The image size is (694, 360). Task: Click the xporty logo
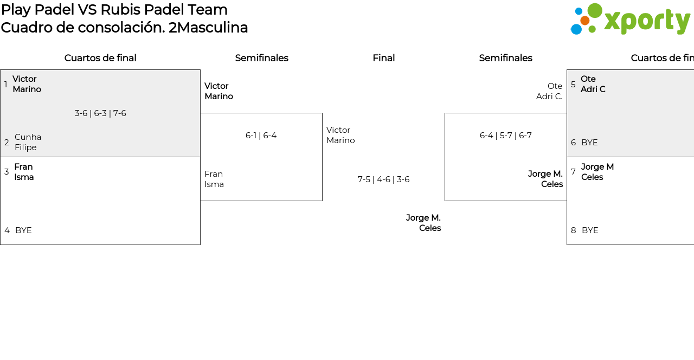(631, 19)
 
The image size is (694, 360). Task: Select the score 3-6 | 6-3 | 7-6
(100, 113)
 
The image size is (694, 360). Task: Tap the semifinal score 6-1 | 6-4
(261, 136)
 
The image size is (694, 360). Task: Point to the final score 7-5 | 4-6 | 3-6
(383, 179)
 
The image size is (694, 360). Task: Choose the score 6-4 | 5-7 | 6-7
(506, 136)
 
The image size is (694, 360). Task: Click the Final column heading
(383, 58)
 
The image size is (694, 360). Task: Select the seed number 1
(6, 84)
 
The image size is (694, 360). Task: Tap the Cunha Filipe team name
(28, 142)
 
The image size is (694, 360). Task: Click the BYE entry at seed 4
(23, 230)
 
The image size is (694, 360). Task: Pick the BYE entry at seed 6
(589, 143)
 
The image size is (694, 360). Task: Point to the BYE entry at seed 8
(590, 230)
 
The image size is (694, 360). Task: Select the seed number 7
(573, 172)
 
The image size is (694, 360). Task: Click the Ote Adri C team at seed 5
(593, 84)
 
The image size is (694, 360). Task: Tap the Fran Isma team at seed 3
(24, 172)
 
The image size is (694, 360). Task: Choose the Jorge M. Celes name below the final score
(423, 223)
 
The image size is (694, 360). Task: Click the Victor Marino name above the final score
(340, 135)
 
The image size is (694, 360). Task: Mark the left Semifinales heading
(261, 58)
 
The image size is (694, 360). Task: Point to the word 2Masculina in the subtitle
(208, 28)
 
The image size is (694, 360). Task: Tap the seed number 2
(7, 143)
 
